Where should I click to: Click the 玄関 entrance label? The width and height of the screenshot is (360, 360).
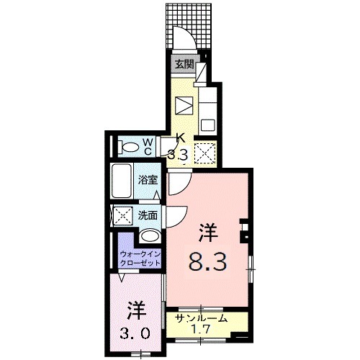point(184,64)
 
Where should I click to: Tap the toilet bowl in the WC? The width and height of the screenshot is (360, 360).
point(130,148)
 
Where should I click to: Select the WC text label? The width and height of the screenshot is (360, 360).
point(145,147)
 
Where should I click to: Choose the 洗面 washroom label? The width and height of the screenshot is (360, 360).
point(148,215)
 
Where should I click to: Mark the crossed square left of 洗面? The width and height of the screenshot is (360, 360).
point(122,215)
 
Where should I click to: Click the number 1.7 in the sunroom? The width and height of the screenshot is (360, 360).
point(202,331)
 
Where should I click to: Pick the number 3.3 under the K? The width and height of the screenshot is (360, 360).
point(179,153)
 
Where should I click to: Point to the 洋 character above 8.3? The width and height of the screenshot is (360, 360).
point(208,232)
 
